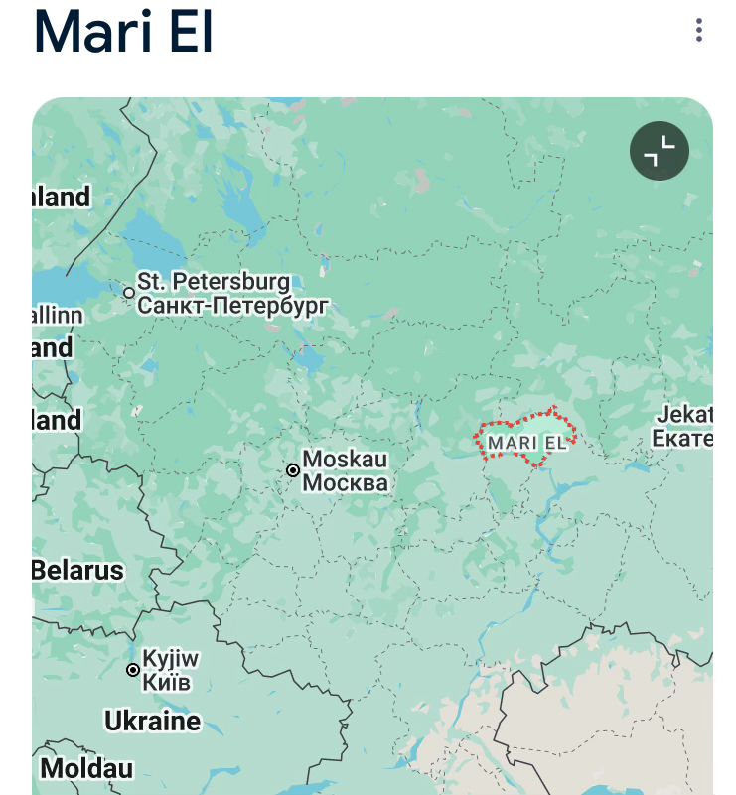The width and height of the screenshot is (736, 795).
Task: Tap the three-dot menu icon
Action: [699, 31]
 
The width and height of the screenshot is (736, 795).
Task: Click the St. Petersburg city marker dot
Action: [129, 293]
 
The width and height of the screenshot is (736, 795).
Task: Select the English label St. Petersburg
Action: [214, 283]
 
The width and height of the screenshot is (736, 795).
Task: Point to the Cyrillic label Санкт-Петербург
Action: [231, 305]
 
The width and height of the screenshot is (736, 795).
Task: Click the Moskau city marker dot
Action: [293, 470]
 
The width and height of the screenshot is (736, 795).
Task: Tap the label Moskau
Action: [345, 460]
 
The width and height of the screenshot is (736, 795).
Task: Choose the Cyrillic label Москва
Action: [345, 483]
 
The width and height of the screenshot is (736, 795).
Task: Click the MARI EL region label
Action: [527, 442]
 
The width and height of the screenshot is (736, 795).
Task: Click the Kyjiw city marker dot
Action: [133, 670]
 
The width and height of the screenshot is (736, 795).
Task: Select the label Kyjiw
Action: [171, 659]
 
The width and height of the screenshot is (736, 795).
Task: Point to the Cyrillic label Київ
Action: [166, 683]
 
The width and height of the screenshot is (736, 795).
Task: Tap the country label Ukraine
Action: [152, 721]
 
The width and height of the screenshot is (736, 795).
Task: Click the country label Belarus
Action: [77, 570]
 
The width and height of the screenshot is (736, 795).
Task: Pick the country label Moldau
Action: [86, 768]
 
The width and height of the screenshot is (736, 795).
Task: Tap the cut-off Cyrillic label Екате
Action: [682, 438]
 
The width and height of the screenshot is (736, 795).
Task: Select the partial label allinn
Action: [58, 315]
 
